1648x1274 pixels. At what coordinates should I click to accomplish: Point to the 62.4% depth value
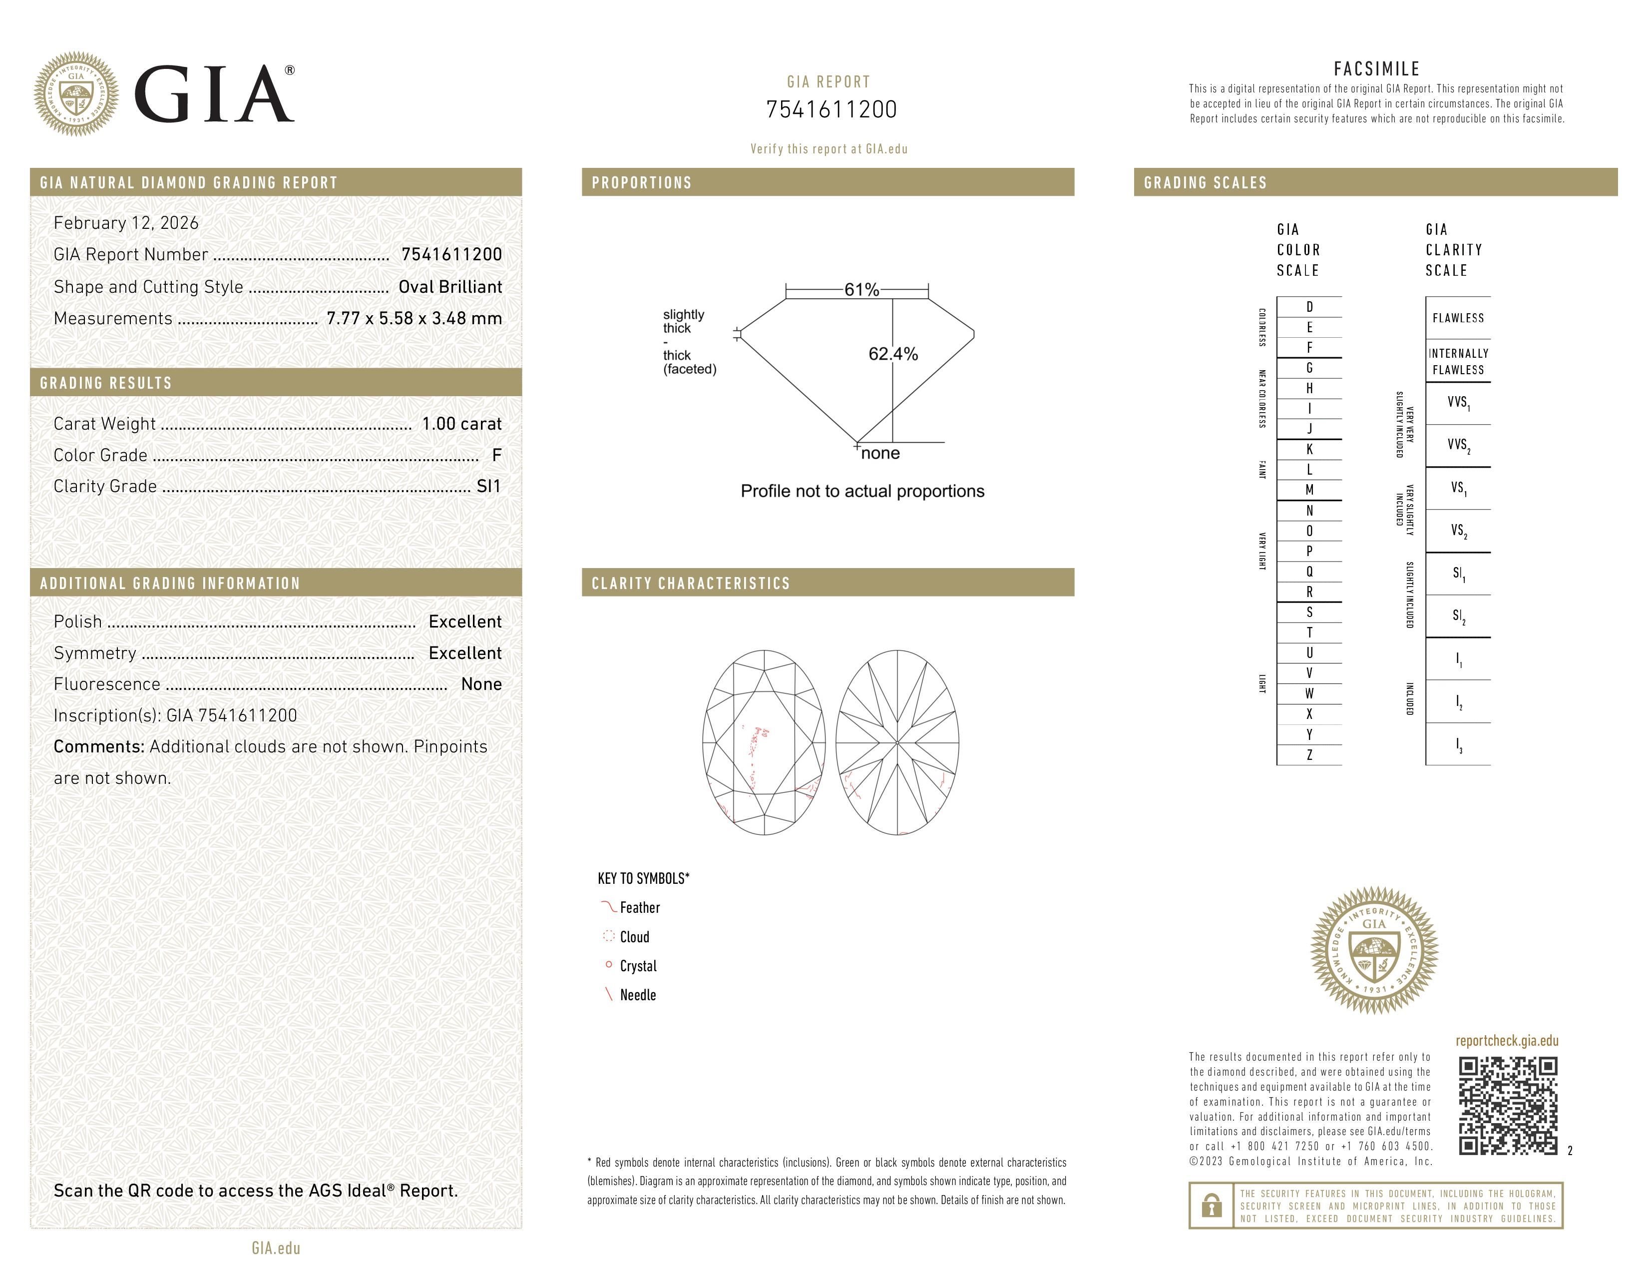point(893,354)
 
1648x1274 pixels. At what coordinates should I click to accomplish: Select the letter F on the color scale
point(1309,348)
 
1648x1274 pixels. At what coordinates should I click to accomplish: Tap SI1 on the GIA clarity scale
point(1458,574)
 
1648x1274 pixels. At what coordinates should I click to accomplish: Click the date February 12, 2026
point(126,223)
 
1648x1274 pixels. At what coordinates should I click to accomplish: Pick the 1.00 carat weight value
point(461,423)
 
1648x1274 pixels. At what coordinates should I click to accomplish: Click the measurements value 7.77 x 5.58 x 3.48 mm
point(413,319)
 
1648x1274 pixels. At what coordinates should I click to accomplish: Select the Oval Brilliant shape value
point(450,287)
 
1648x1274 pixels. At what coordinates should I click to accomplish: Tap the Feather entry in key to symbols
point(639,908)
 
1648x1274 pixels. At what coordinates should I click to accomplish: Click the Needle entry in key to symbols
point(638,995)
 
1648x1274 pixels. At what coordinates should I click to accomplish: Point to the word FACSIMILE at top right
point(1376,68)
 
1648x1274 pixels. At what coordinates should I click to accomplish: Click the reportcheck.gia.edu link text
point(1506,1041)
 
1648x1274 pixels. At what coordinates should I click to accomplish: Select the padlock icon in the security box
point(1211,1206)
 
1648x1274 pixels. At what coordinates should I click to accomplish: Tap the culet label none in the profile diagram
point(880,453)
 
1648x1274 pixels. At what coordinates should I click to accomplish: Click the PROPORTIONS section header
point(641,183)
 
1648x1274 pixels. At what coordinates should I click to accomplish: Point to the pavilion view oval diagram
point(897,742)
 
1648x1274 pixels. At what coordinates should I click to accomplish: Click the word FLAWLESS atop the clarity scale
point(1458,318)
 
